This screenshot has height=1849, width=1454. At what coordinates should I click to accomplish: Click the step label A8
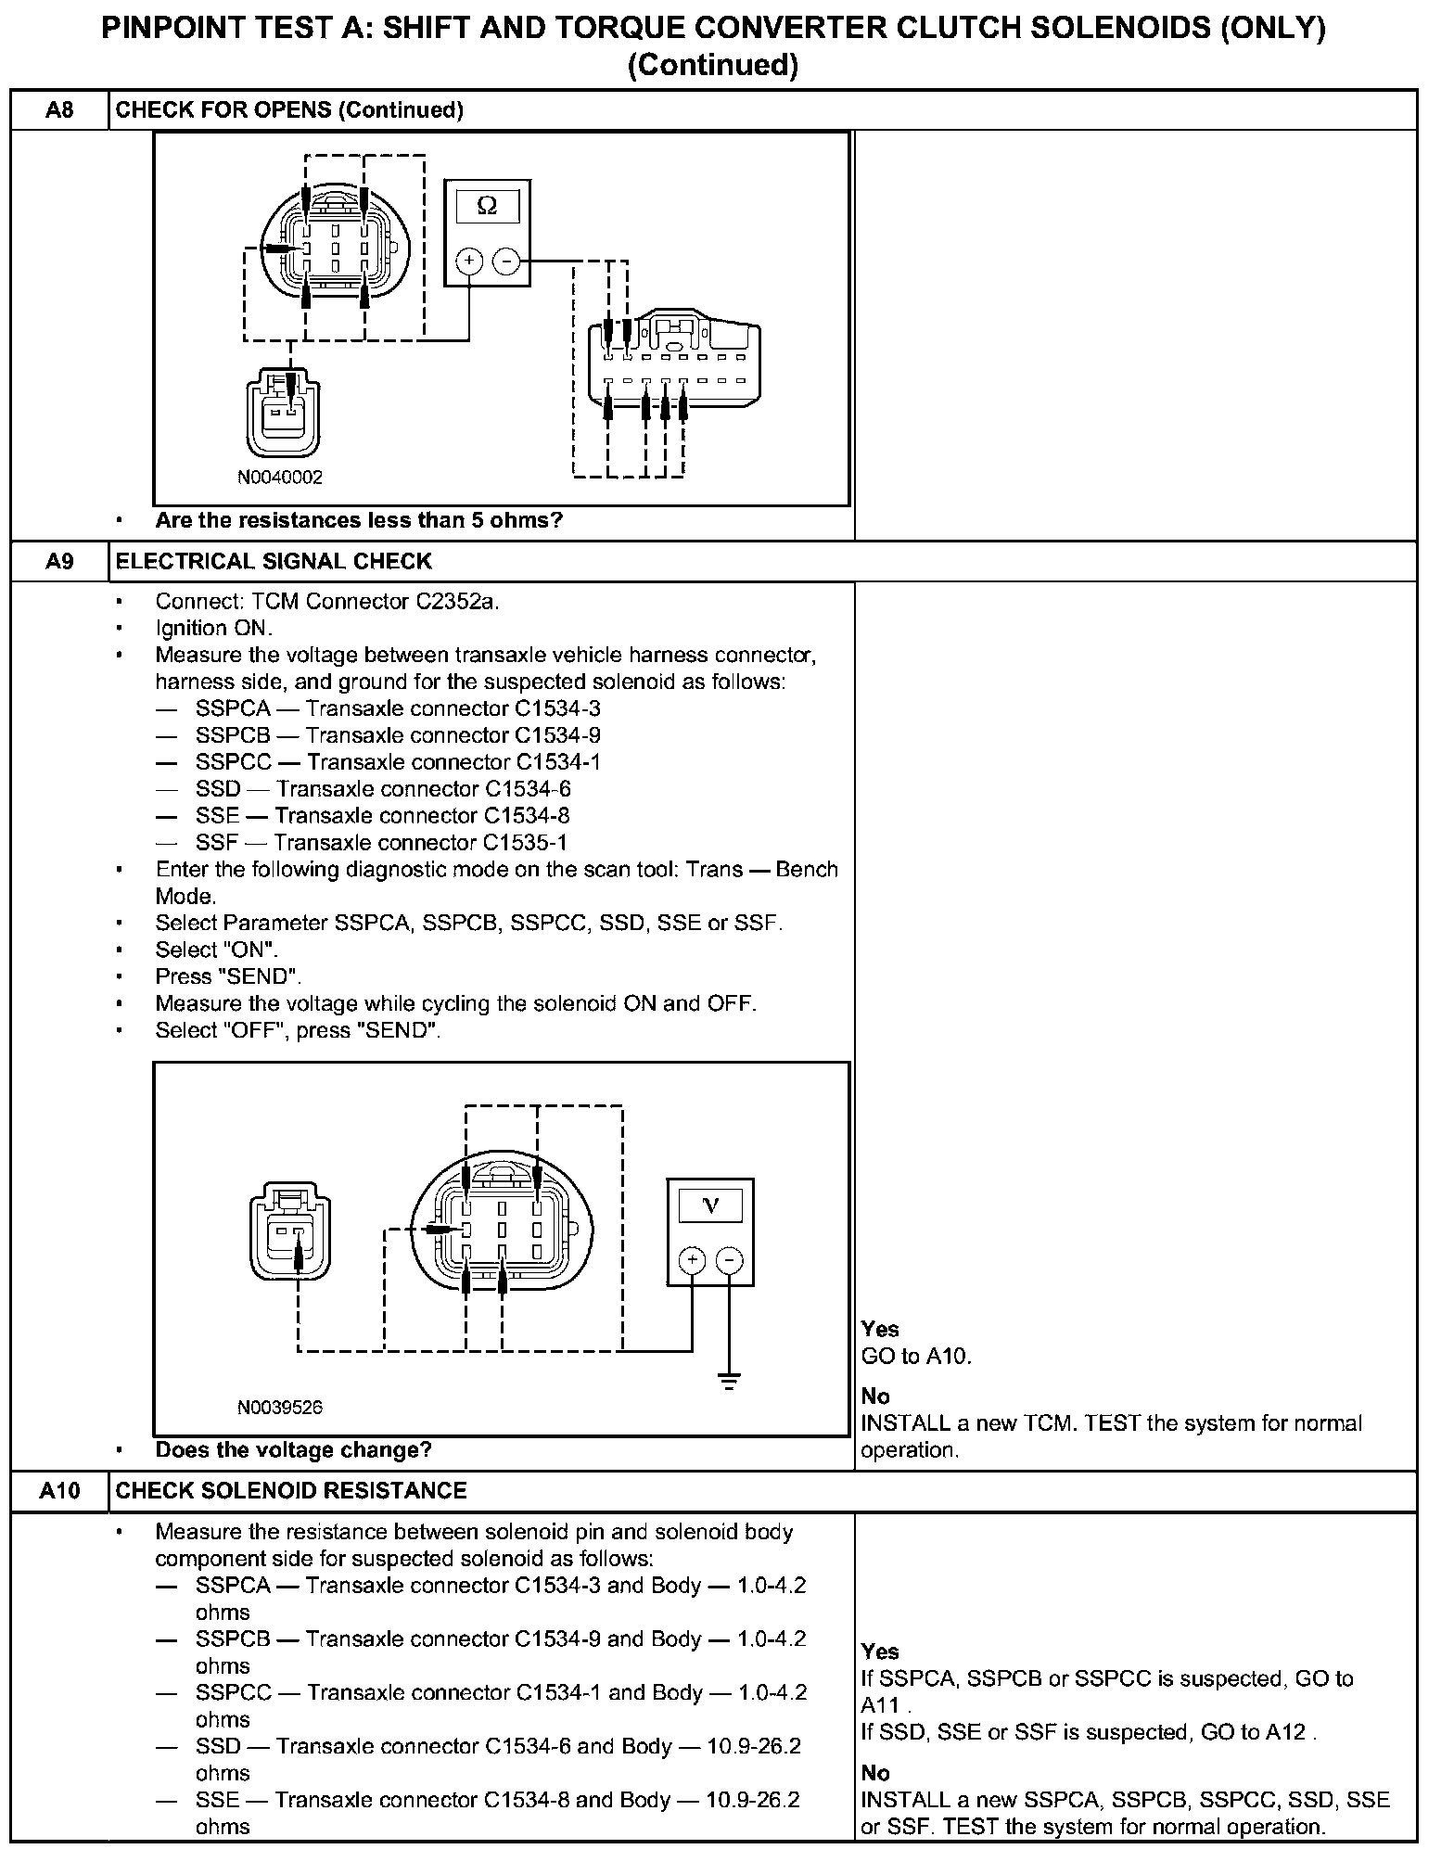click(x=58, y=110)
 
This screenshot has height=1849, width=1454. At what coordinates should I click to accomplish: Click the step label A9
click(x=58, y=561)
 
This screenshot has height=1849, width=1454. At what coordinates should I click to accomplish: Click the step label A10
click(x=58, y=1490)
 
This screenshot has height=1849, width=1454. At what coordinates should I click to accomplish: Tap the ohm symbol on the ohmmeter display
click(x=487, y=206)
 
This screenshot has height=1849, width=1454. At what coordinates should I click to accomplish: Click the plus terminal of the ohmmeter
click(x=469, y=261)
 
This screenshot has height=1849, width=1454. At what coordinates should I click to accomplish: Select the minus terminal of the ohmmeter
click(x=505, y=261)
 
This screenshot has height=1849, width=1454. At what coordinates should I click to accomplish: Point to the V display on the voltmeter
click(x=710, y=1205)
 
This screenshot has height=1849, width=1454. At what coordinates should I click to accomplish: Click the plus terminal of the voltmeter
click(x=692, y=1260)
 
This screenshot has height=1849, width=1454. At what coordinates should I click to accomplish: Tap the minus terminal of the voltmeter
click(x=730, y=1260)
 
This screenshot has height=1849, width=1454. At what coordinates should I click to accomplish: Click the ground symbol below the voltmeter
click(x=730, y=1382)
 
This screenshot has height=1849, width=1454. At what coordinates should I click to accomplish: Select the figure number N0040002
click(x=280, y=478)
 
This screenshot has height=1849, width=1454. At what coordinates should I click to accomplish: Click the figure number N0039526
click(x=280, y=1408)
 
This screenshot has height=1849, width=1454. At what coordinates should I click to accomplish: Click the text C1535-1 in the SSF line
click(x=525, y=843)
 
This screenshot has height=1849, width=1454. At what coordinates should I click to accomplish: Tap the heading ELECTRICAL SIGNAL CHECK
click(x=274, y=561)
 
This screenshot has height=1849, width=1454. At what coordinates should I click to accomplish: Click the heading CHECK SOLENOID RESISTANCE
click(x=291, y=1490)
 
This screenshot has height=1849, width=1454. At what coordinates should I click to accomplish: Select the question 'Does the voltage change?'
click(x=294, y=1450)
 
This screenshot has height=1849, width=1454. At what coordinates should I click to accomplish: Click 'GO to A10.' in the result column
click(x=916, y=1356)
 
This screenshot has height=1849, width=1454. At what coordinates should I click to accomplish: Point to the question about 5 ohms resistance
click(x=359, y=520)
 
